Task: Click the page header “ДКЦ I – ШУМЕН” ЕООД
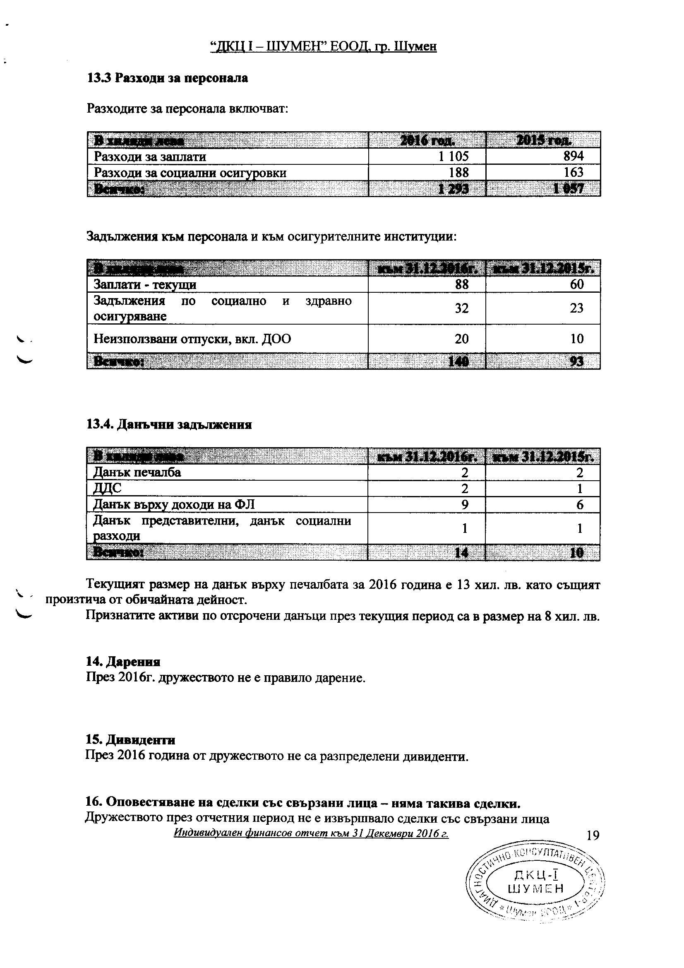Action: (x=323, y=46)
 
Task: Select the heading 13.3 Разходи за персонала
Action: (x=167, y=78)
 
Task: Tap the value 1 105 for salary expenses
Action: (x=453, y=157)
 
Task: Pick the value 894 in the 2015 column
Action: (x=574, y=157)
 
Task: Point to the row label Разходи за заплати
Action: (x=150, y=157)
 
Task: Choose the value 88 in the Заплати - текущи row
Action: (x=461, y=284)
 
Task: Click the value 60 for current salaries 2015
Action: (x=576, y=284)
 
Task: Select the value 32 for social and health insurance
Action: (x=461, y=308)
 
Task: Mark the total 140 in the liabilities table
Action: (x=461, y=362)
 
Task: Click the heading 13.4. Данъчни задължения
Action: (x=169, y=424)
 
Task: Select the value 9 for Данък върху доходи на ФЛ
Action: (x=464, y=505)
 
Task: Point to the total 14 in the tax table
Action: (x=462, y=553)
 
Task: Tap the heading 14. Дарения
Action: (x=123, y=662)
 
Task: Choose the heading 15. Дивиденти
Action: (x=130, y=740)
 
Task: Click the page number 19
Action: (x=592, y=835)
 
